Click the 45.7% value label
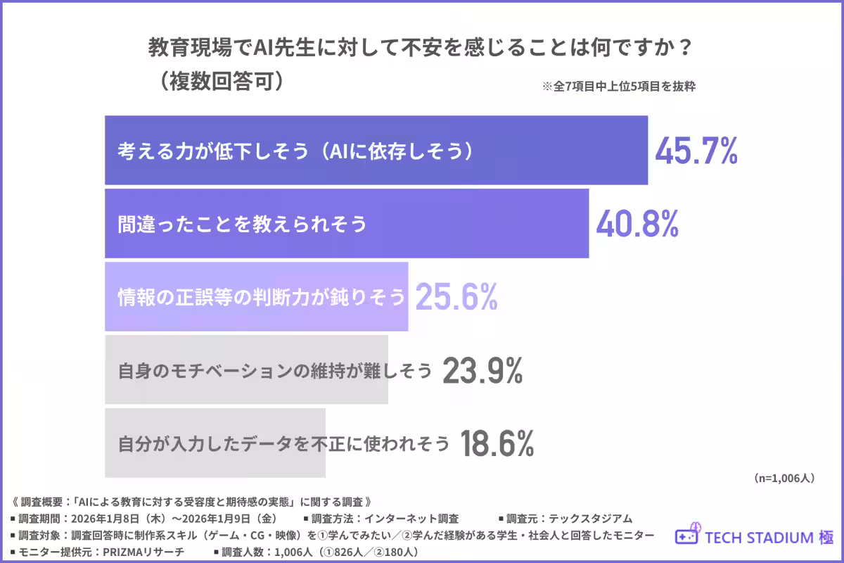[x=696, y=151]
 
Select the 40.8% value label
[x=637, y=224]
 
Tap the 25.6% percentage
[x=456, y=298]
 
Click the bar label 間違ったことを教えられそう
[x=243, y=224]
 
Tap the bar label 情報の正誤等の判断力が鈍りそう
[x=262, y=298]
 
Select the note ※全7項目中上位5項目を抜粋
[x=618, y=88]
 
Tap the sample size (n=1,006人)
[x=784, y=478]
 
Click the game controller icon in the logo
[x=688, y=535]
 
